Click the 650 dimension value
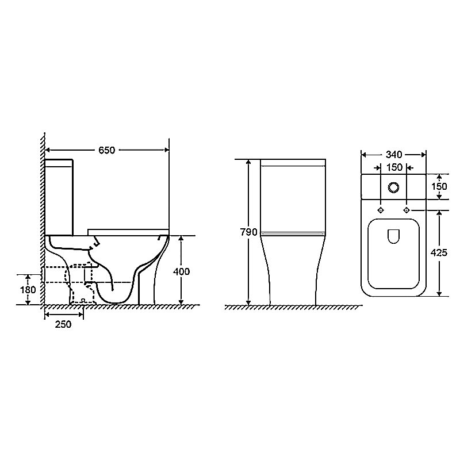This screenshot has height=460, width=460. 107,150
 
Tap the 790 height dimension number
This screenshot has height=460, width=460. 249,232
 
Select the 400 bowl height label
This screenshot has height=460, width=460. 181,271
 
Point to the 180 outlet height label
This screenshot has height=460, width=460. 28,290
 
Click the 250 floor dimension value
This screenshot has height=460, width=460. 63,324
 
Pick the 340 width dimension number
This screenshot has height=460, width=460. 394,154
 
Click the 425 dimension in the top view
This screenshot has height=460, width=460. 439,252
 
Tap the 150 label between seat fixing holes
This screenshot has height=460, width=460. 394,167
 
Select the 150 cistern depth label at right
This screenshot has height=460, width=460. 439,186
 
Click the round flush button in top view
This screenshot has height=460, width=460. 393,187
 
